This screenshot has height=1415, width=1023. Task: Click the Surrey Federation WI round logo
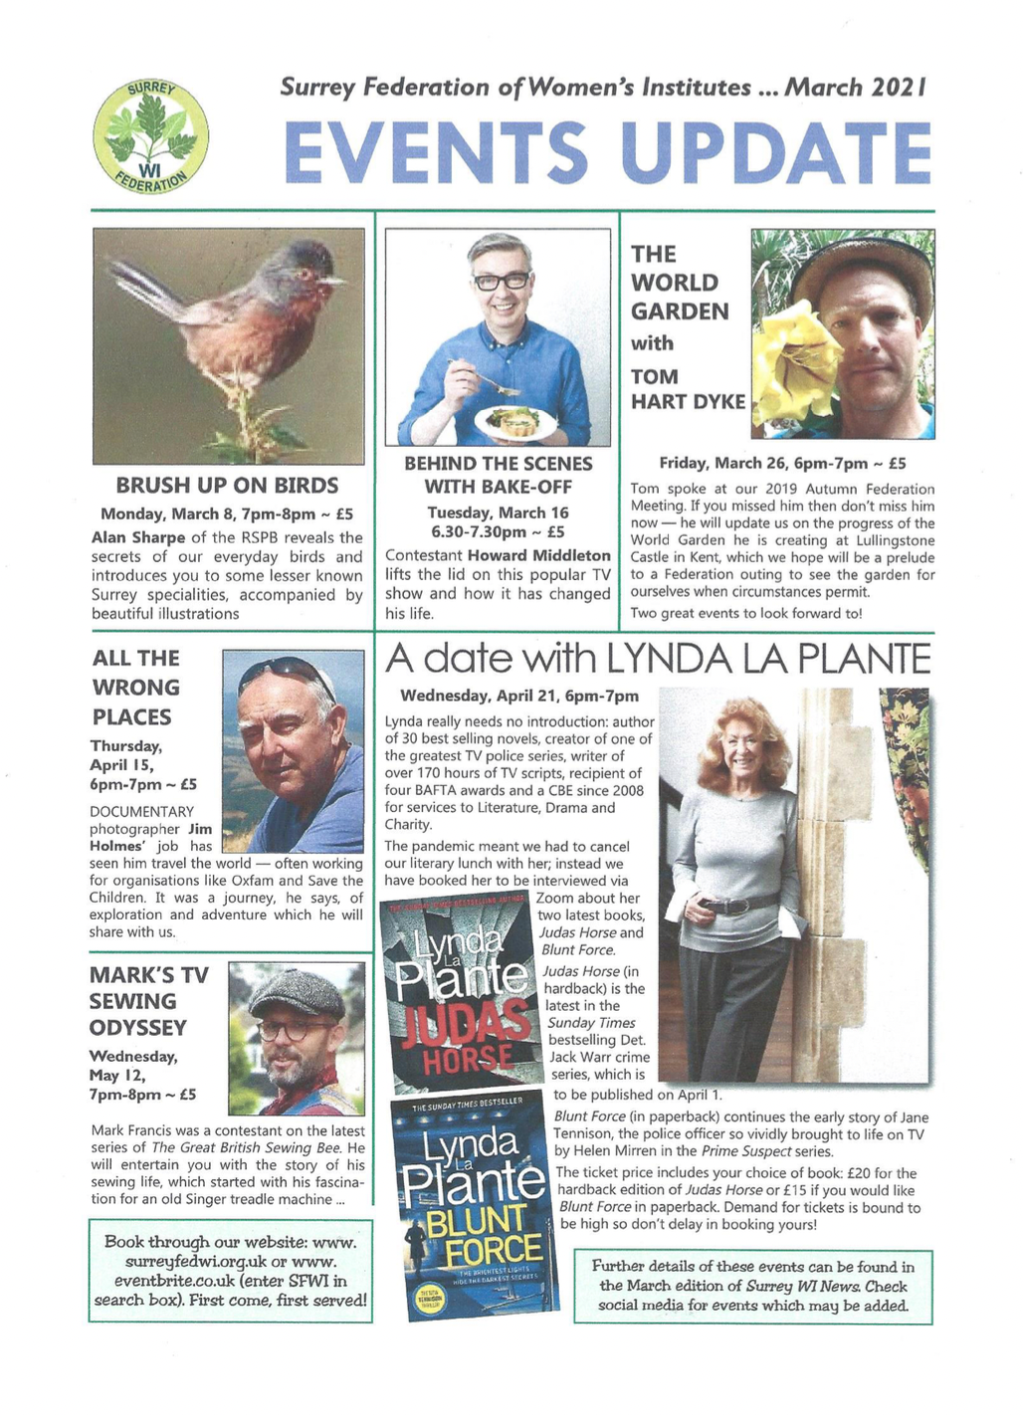coord(151,138)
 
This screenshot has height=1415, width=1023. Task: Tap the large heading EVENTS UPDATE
coord(607,151)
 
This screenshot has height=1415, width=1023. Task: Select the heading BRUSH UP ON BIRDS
coord(227,486)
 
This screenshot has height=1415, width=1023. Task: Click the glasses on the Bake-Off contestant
coord(502,281)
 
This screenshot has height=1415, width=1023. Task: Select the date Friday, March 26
coord(723,463)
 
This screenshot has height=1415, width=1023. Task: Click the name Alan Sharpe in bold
coord(131,538)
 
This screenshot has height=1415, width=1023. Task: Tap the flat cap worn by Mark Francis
coord(298,989)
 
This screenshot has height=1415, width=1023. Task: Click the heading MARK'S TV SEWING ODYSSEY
coord(149,1001)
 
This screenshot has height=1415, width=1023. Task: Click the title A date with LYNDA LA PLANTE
coord(658,659)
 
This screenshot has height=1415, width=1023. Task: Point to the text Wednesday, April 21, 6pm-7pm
coord(519,696)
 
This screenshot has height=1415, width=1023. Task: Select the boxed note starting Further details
coord(753,1286)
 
